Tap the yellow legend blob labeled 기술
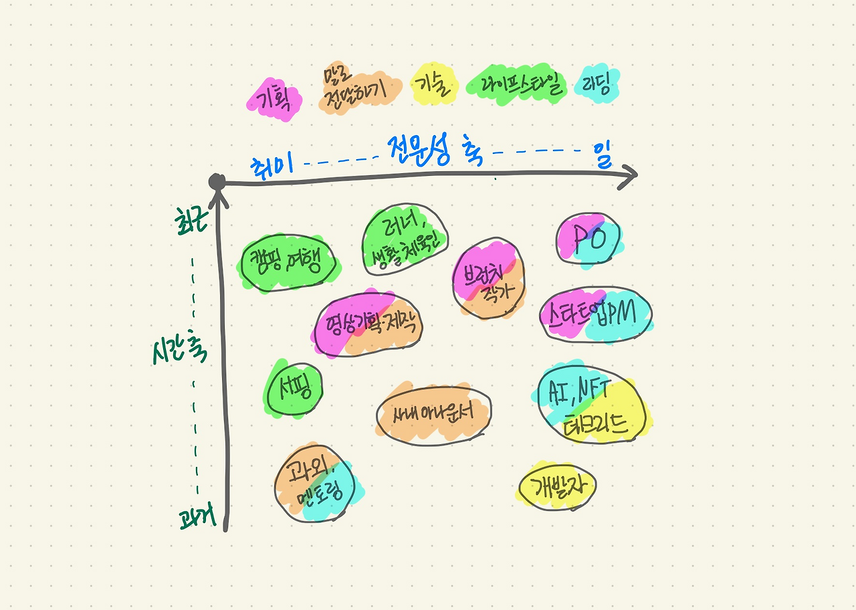(x=434, y=85)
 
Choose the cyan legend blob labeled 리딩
(x=599, y=84)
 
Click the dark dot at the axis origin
(x=217, y=182)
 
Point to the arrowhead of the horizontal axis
(x=629, y=175)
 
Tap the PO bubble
(x=588, y=239)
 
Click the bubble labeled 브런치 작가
(x=489, y=280)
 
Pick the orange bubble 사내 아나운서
(x=434, y=413)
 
